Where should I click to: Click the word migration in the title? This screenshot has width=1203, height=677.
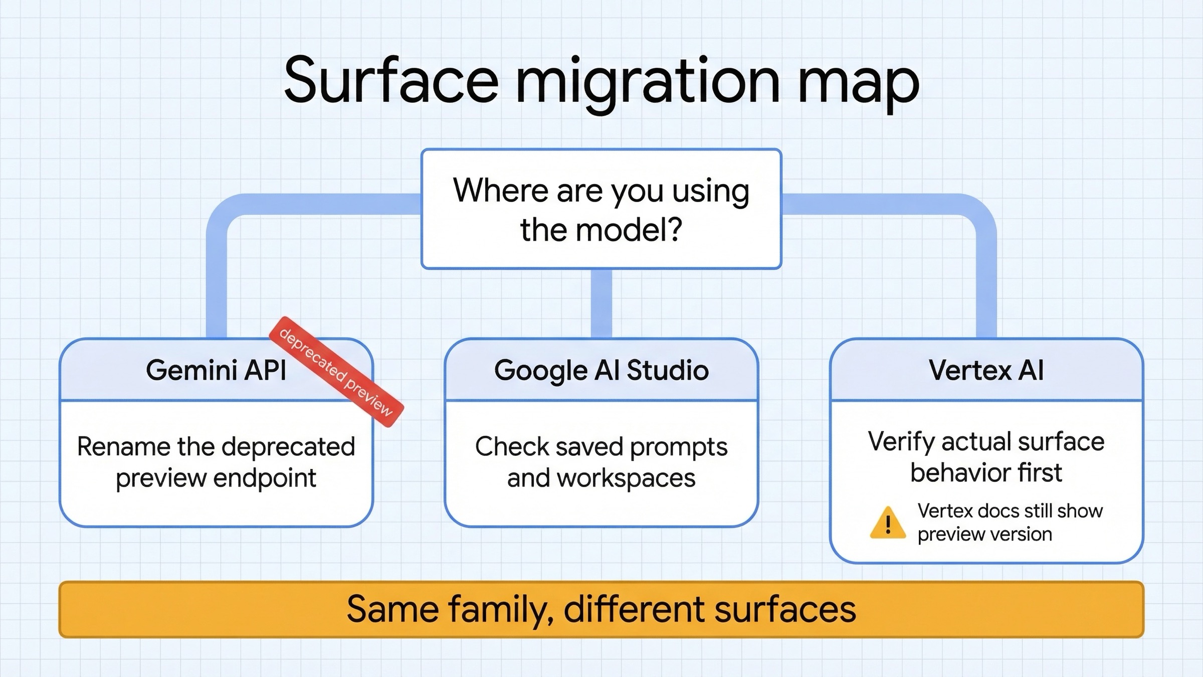point(647,83)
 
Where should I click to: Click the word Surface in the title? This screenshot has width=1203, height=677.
point(391,80)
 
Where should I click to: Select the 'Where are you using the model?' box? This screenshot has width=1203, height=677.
point(601,209)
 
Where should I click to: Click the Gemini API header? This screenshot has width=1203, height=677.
point(216,370)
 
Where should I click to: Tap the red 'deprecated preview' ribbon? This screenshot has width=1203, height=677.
point(336,372)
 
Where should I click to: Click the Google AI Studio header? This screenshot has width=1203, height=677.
point(601,370)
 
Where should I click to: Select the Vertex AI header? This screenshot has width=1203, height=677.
point(986,370)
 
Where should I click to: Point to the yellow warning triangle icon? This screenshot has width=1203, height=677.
point(888,523)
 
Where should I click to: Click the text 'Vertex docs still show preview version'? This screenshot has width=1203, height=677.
point(1010,522)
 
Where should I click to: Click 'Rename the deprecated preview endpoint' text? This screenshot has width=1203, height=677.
point(216,462)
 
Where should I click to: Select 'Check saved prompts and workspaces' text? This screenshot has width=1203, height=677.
point(601,462)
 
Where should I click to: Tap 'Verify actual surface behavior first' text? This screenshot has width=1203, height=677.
point(986,457)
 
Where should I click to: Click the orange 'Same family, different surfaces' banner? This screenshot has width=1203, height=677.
point(601,609)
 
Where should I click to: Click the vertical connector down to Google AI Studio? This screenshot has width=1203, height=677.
point(601,303)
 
